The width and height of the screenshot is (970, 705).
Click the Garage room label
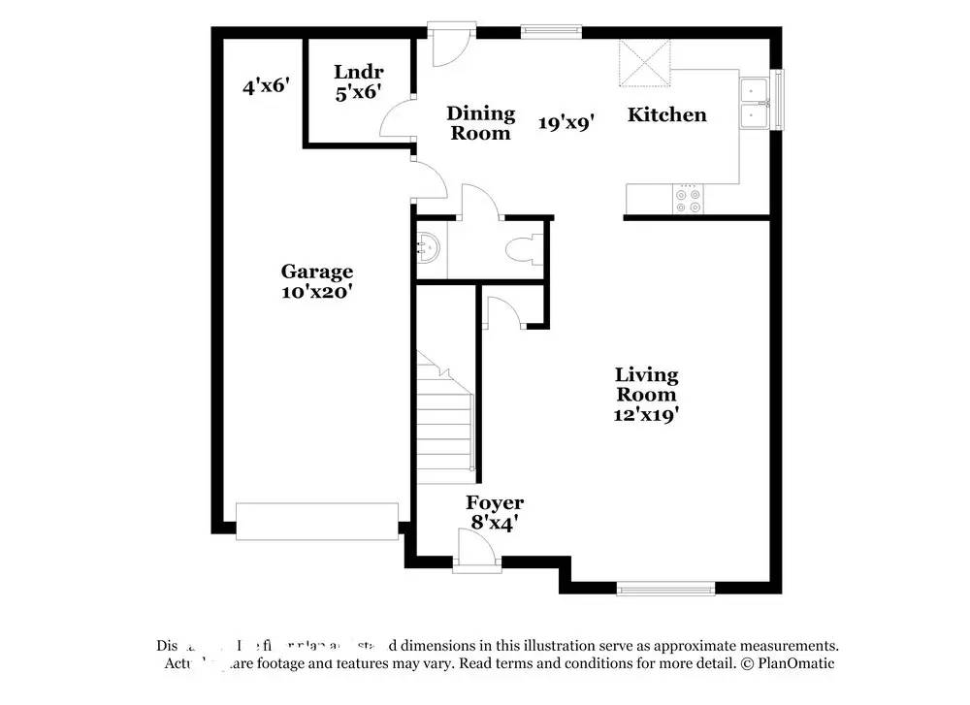317,272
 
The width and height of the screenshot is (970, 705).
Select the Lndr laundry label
357,71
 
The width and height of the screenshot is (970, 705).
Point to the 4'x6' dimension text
267,86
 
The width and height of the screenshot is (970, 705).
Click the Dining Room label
480,123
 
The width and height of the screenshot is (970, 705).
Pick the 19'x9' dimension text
566,122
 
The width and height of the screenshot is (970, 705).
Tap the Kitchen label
667,114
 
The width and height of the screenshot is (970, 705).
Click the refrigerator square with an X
644,63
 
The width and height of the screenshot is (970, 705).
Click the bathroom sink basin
428,249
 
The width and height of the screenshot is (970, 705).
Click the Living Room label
647,384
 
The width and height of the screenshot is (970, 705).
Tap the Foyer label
495,502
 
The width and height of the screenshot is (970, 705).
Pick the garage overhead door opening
317,521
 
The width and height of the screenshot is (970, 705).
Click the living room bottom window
666,587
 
